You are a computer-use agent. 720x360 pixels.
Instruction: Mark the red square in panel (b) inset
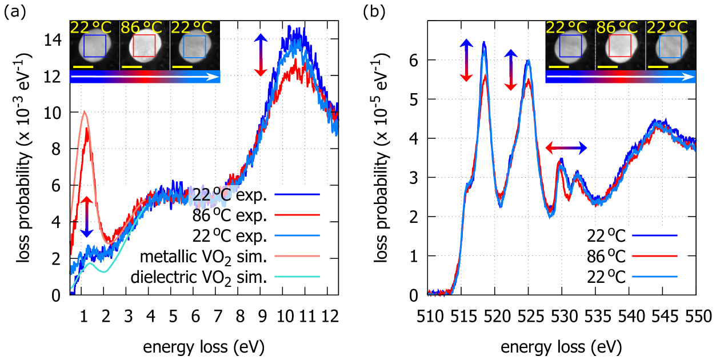pyautogui.click(x=620, y=46)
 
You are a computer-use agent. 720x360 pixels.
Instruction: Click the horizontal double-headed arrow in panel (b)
pyautogui.click(x=566, y=148)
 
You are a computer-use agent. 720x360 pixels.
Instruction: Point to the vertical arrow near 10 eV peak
pyautogui.click(x=260, y=55)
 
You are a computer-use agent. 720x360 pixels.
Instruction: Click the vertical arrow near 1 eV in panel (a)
pyautogui.click(x=86, y=217)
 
